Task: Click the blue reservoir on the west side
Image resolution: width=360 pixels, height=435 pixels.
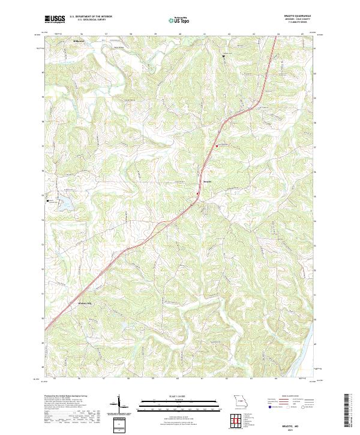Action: tap(64, 205)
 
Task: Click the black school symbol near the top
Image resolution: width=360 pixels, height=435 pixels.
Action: tap(224, 56)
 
